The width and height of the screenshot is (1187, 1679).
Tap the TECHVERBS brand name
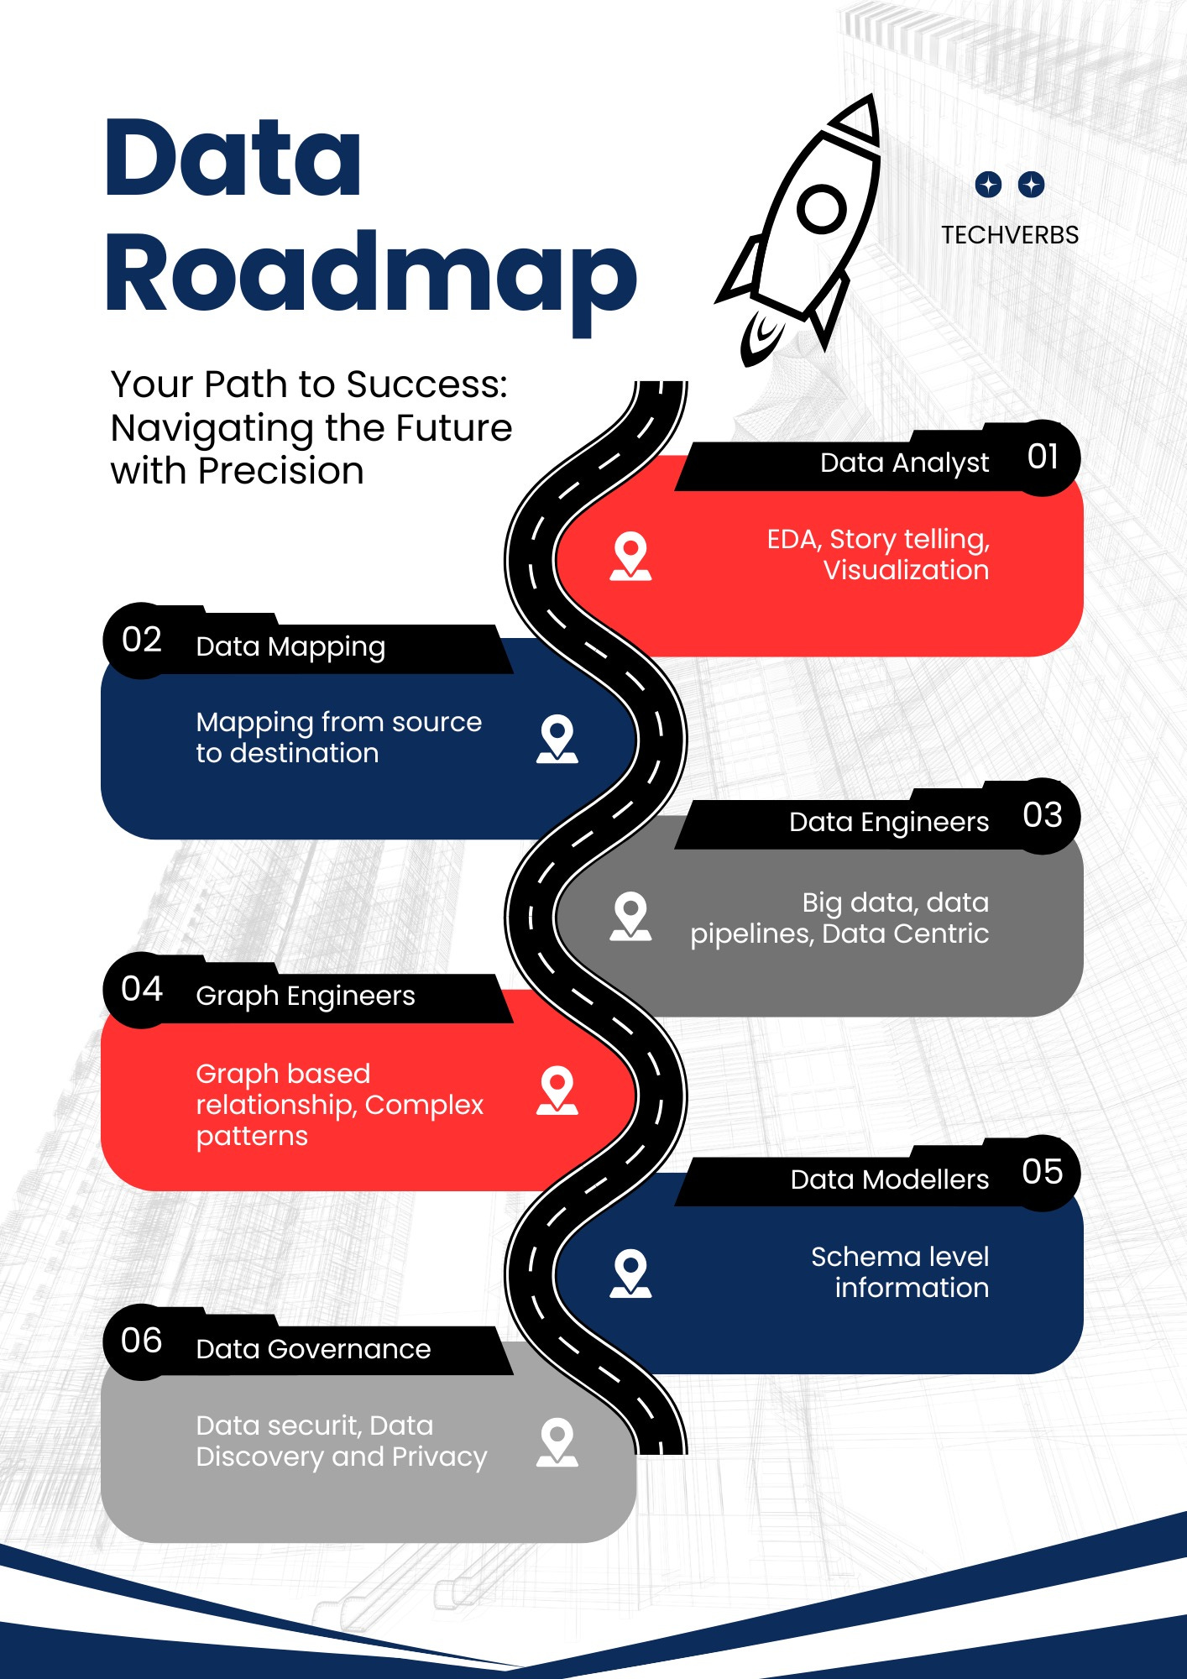click(x=1009, y=235)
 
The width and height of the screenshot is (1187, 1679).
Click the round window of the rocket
click(x=821, y=209)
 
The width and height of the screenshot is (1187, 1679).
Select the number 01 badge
click(x=1043, y=458)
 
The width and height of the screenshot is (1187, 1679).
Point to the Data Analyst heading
click(x=904, y=463)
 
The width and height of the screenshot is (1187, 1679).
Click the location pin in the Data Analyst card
click(x=630, y=555)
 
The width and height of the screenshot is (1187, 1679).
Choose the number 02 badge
click(x=142, y=641)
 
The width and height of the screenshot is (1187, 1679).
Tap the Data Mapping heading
click(x=290, y=646)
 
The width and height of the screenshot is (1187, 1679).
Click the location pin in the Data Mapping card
click(x=557, y=738)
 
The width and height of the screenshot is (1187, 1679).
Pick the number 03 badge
click(x=1043, y=815)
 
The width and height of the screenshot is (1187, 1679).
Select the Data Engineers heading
click(x=889, y=822)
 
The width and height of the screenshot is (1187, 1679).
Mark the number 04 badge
click(x=142, y=990)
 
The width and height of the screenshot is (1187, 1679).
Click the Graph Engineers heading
click(x=306, y=996)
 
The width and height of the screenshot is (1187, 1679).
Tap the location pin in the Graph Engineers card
click(x=557, y=1090)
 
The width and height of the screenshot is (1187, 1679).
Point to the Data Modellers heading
click(x=890, y=1179)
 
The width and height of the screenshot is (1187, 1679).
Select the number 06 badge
click(x=142, y=1341)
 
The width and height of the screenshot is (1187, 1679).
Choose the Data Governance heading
click(x=313, y=1349)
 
